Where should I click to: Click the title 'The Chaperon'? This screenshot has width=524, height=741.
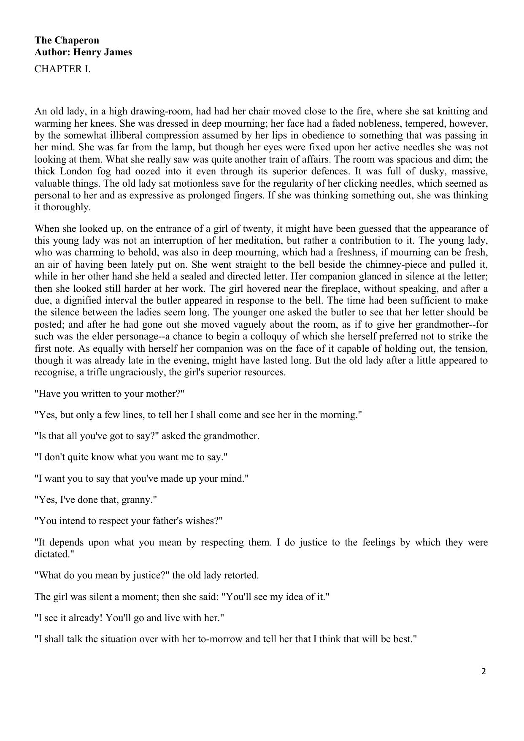point(67,40)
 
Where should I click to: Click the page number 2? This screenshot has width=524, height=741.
point(483,672)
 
